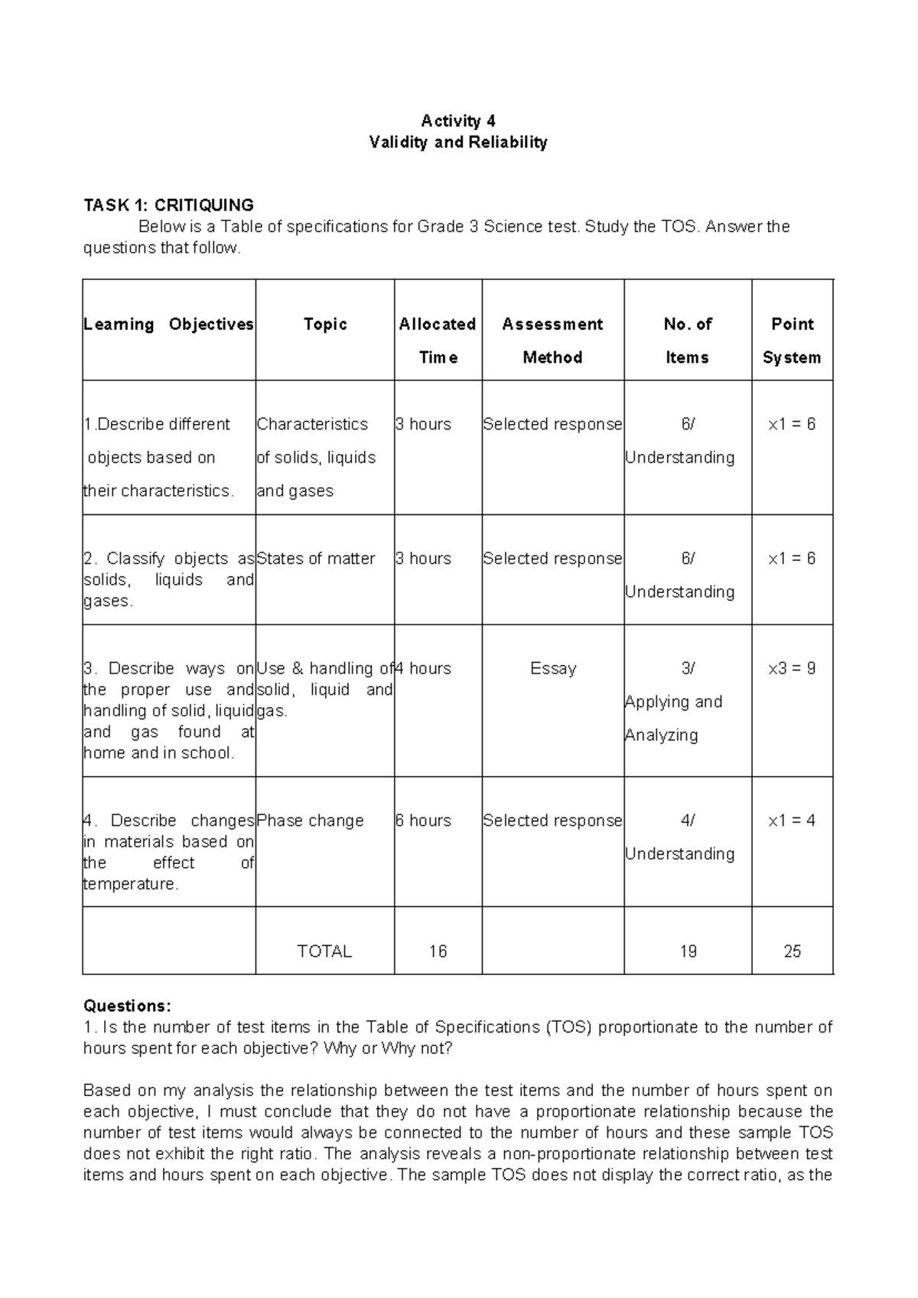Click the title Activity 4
click(458, 121)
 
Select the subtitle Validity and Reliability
click(458, 142)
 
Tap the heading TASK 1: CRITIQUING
click(168, 205)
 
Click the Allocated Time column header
click(438, 341)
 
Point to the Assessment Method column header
click(552, 341)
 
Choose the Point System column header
click(792, 341)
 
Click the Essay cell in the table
click(552, 669)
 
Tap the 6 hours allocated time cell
click(423, 821)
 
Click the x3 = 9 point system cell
click(792, 669)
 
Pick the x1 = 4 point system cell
click(792, 821)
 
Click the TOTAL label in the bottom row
click(324, 951)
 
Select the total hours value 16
click(438, 951)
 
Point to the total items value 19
click(688, 951)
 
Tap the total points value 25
click(792, 951)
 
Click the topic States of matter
click(316, 559)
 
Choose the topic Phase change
click(310, 821)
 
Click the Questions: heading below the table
click(128, 1006)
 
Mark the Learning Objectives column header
click(168, 324)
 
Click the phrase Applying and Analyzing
click(673, 719)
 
